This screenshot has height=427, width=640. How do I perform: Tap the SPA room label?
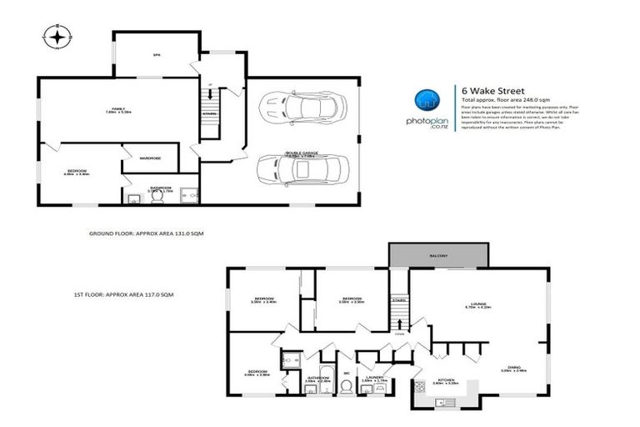click(x=155, y=56)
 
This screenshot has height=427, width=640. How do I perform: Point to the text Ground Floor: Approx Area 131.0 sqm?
click(x=145, y=234)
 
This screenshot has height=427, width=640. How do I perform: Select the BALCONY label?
click(x=439, y=255)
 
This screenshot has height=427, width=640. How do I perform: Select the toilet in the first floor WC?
click(x=345, y=387)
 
